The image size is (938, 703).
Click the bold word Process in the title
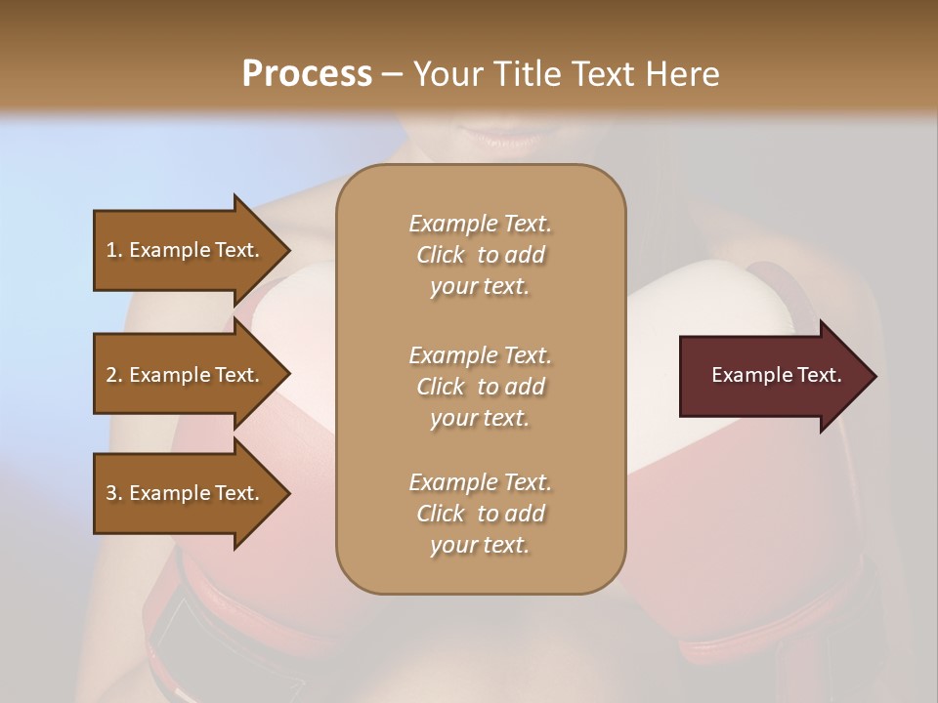pos(307,74)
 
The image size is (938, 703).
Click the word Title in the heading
pos(526,74)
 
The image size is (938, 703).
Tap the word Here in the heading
pos(682,74)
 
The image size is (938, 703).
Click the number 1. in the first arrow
pos(114,250)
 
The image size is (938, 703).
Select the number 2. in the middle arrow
pos(114,375)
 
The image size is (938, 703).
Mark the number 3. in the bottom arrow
pos(114,493)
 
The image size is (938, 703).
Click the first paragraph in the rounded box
pos(480,255)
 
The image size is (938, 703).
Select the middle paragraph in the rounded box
pos(480,386)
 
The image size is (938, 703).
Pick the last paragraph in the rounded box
pos(480,514)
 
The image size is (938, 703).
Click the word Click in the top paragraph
pos(441,256)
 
